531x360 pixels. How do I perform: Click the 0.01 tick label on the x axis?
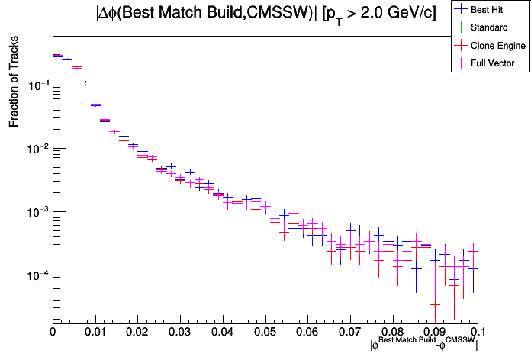click(95, 332)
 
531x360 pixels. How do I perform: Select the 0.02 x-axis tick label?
click(137, 332)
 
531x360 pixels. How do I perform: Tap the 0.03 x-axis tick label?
click(180, 332)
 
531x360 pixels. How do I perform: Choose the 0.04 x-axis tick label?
click(222, 332)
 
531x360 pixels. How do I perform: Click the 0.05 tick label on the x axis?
click(265, 332)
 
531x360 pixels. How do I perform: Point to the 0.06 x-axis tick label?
click(307, 332)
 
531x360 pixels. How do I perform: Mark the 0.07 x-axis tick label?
click(350, 332)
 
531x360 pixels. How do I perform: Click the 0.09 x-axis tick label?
click(435, 332)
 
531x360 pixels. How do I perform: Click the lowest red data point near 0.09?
click(435, 304)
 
